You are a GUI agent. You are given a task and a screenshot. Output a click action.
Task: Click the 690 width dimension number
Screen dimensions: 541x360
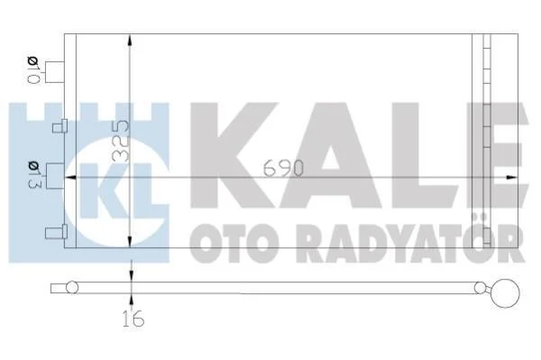(283, 168)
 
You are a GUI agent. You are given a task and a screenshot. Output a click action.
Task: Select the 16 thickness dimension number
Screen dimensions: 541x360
(133, 318)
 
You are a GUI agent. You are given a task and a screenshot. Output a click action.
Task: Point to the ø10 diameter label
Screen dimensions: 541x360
(33, 70)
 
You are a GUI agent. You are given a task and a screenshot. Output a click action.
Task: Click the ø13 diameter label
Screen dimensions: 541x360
(34, 175)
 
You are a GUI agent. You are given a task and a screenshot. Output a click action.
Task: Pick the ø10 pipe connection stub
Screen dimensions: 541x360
(54, 72)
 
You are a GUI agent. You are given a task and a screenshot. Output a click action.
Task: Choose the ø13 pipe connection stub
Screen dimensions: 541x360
(55, 176)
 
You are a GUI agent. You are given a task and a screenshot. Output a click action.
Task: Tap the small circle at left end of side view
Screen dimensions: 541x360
(72, 287)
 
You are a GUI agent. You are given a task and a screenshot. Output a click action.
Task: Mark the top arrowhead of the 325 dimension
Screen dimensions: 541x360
(130, 41)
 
